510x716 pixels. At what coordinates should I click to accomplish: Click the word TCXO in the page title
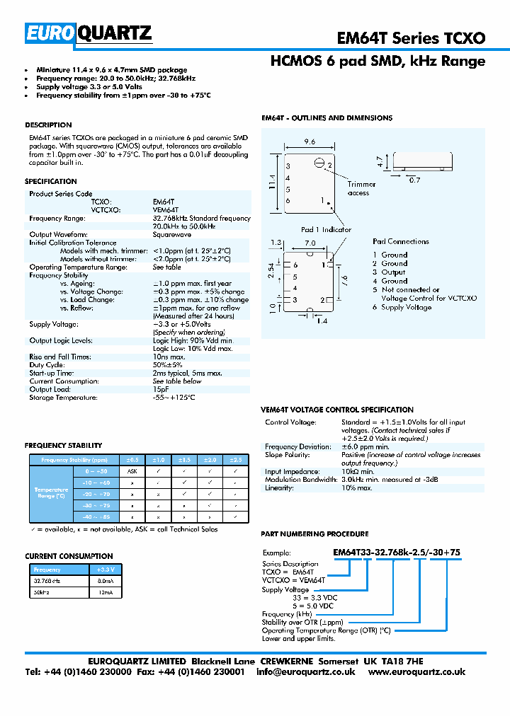tap(463, 38)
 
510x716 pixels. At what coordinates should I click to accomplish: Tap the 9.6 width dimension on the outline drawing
tap(310, 142)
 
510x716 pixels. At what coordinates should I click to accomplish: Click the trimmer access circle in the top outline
tap(319, 164)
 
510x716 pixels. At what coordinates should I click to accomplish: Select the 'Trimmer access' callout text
tap(362, 189)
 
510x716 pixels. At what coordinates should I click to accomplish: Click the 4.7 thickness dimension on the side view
tap(380, 161)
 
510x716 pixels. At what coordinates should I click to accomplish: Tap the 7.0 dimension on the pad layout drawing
tap(310, 243)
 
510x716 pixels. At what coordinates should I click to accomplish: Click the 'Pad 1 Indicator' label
tap(326, 230)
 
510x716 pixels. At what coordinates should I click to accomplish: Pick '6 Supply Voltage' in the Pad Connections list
tap(402, 308)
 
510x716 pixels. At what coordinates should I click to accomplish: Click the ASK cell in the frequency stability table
tap(132, 470)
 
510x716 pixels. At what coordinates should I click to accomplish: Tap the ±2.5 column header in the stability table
tap(235, 460)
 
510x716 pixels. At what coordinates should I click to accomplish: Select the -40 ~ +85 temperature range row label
tap(97, 517)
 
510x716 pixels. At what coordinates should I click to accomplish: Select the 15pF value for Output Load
tap(160, 390)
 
